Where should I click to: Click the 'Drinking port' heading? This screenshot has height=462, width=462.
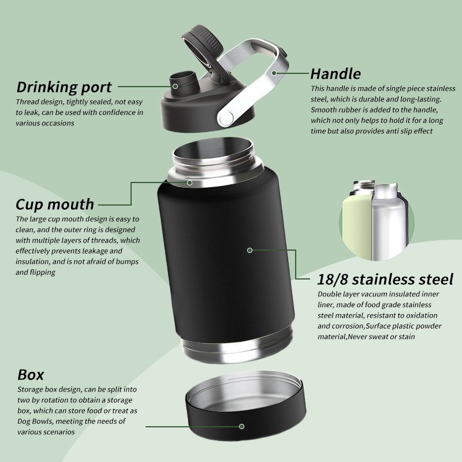point(64,87)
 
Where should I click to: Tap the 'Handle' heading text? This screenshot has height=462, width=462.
point(336,74)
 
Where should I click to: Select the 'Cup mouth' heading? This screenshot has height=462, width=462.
point(55,204)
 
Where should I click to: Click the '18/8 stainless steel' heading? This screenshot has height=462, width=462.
point(385,279)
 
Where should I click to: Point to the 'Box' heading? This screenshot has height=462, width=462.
point(31,375)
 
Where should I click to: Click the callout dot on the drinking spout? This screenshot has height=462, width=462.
point(175,86)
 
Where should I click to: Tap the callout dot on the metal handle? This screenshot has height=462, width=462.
point(274,73)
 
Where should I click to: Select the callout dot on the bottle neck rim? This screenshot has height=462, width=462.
point(190,183)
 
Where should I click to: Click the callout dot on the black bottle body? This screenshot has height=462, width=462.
point(250,251)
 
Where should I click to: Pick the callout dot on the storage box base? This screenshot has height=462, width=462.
point(241,426)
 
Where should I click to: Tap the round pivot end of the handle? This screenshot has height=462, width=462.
point(226,117)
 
